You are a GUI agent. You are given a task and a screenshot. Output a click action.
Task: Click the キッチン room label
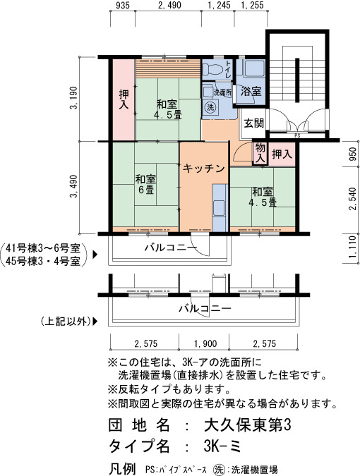[204, 169]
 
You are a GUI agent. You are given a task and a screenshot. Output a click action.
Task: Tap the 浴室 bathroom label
[251, 92]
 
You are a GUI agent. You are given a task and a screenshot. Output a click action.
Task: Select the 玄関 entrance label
[254, 123]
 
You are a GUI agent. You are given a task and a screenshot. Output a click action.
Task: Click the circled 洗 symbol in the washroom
[210, 107]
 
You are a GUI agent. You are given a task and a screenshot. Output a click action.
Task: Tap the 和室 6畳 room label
[145, 184]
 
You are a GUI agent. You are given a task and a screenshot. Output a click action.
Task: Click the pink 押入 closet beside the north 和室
[124, 100]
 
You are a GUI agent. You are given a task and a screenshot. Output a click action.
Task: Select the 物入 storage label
[260, 153]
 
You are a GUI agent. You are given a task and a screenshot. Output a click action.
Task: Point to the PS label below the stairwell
[297, 135]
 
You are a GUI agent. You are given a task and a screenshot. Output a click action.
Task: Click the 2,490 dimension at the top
[170, 5]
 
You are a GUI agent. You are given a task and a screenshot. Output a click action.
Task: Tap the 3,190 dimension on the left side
[74, 98]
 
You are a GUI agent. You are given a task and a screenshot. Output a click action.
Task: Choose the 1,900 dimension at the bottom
[206, 343]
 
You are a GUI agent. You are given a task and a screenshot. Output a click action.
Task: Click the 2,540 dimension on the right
[352, 199]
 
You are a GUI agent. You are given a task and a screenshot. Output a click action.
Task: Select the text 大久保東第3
[247, 425]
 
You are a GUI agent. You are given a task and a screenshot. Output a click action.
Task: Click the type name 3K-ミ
[223, 446]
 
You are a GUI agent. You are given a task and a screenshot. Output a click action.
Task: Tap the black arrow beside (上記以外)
[95, 321]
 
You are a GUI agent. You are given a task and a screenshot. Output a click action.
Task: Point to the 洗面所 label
[222, 92]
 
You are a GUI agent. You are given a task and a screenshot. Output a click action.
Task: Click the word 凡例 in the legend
[122, 468]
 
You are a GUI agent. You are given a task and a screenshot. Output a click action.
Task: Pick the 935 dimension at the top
[123, 5]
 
